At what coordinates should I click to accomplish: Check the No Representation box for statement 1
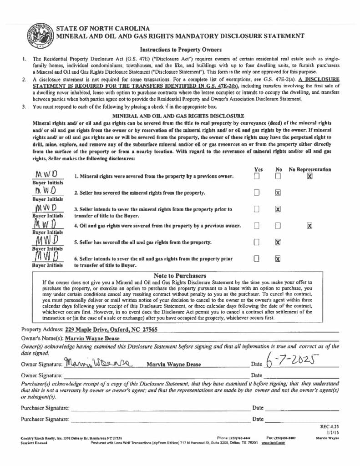[309, 176]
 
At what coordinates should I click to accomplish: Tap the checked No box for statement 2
[278, 192]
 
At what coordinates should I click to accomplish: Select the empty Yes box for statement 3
[257, 209]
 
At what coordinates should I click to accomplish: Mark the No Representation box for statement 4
[309, 225]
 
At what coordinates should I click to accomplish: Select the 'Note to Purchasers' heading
[180, 276]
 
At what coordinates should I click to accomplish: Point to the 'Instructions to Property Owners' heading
[181, 50]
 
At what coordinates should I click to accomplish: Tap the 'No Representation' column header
[310, 169]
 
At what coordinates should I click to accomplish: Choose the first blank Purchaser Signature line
[159, 408]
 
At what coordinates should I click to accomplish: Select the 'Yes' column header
[257, 169]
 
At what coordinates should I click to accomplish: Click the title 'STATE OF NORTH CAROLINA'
[103, 28]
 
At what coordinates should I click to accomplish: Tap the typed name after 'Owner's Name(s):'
[92, 338]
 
